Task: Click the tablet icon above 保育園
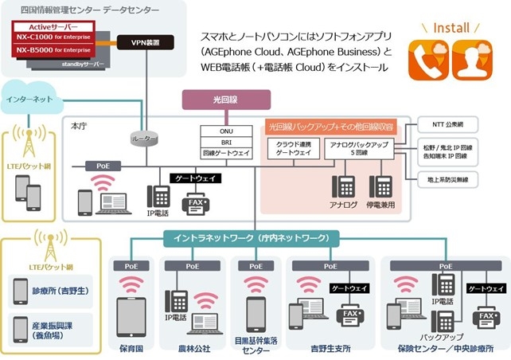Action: (131, 317)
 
